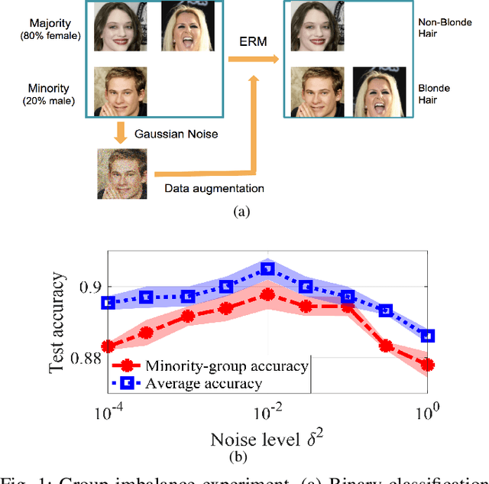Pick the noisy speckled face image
pos(122,174)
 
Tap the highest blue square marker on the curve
pos(267,268)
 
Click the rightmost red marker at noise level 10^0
pos(428,365)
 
